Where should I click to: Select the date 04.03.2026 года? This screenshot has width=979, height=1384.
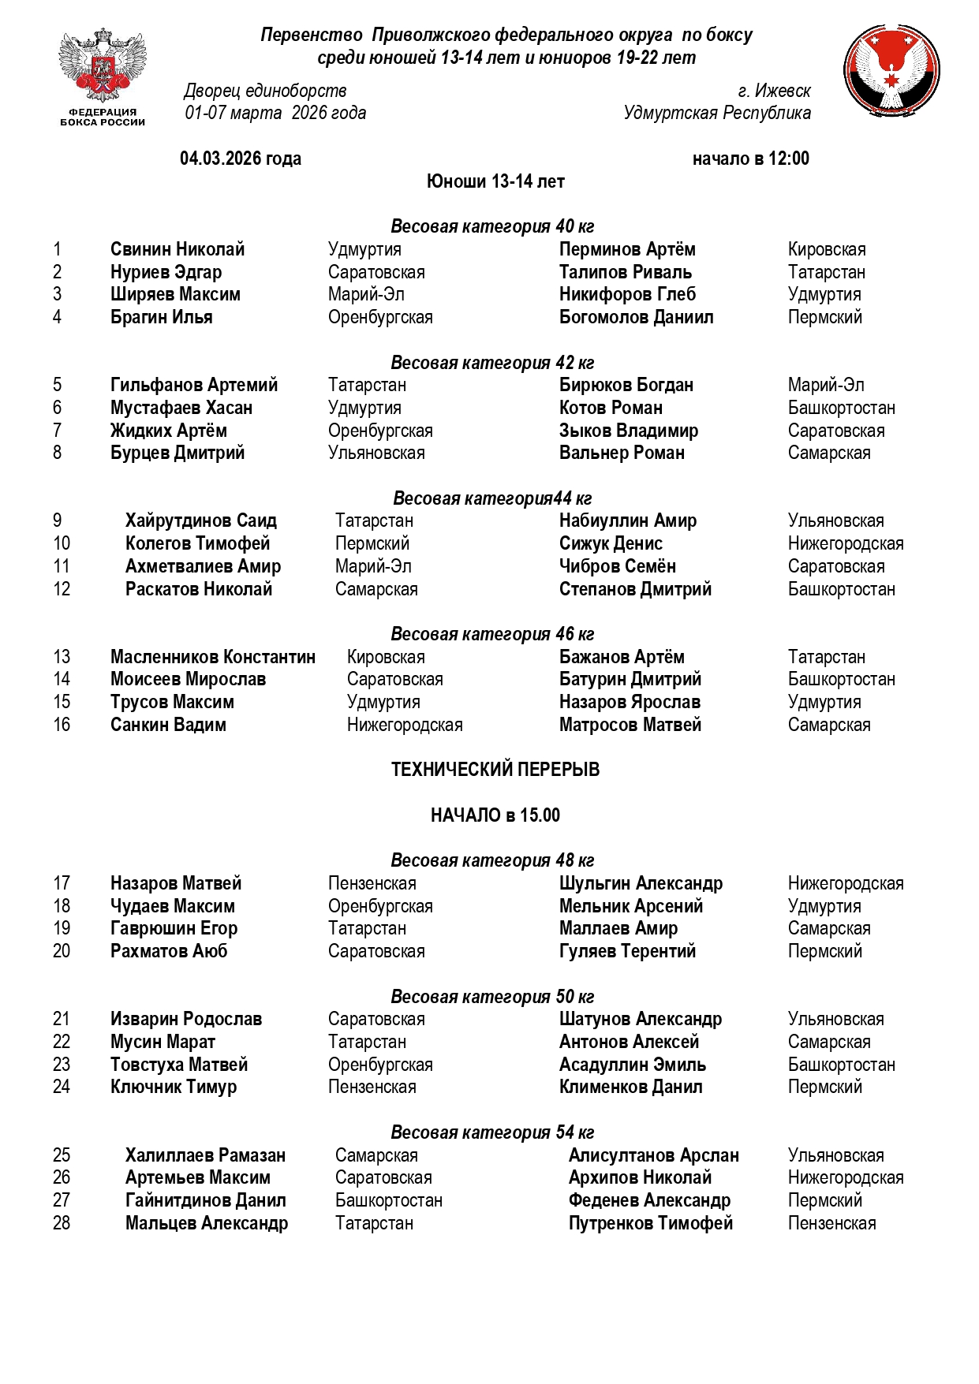(x=241, y=159)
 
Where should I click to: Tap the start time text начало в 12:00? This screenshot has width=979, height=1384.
(x=750, y=159)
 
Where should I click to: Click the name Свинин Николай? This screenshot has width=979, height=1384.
(x=177, y=250)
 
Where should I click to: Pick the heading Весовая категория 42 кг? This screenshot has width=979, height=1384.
(x=492, y=363)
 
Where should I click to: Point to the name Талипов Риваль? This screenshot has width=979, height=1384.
(x=625, y=272)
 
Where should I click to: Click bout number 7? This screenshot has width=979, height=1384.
(x=57, y=431)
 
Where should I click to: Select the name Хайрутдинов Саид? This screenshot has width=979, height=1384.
(x=200, y=521)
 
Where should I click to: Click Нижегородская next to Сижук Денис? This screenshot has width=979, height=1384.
(x=845, y=544)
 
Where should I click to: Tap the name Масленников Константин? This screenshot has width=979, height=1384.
(x=212, y=657)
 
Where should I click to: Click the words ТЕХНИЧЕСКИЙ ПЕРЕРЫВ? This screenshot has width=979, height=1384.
(x=495, y=770)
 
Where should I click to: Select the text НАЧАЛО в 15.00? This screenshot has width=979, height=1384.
(x=495, y=815)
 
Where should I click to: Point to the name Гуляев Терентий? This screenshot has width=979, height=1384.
(x=627, y=951)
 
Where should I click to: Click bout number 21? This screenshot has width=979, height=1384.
(x=62, y=1019)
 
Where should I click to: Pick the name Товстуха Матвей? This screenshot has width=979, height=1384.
(x=179, y=1065)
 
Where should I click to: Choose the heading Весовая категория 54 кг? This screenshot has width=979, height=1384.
(x=492, y=1132)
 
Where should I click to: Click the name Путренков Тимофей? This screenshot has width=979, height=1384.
(x=650, y=1223)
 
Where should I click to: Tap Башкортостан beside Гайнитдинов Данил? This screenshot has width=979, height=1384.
(x=388, y=1200)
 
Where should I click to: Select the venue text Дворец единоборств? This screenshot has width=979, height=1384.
(x=265, y=91)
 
